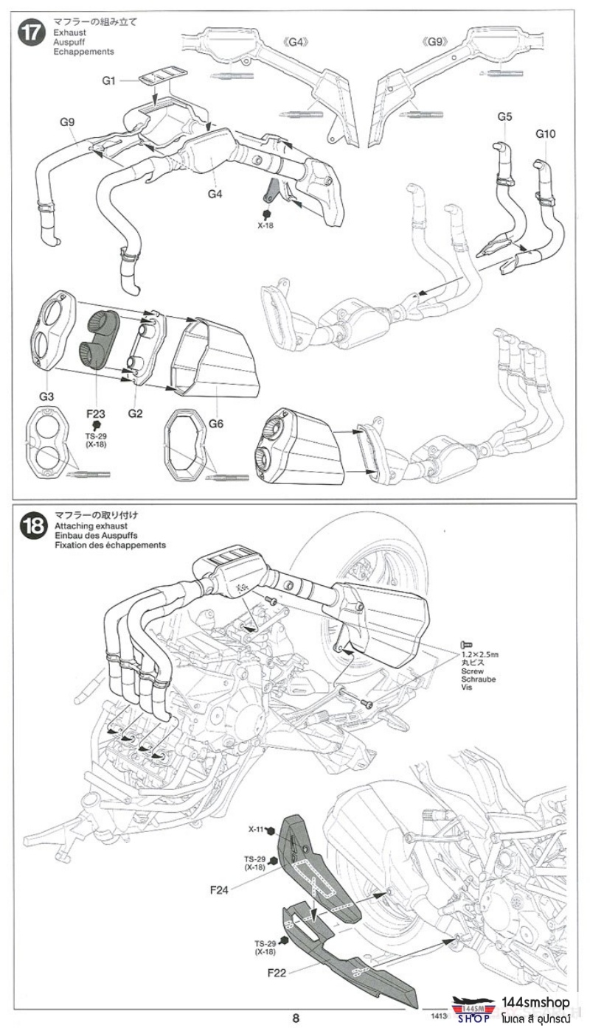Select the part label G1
[109, 80]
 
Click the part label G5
[504, 117]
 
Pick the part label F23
[96, 414]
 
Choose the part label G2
[134, 413]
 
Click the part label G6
[215, 424]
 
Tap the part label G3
[46, 397]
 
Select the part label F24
[218, 889]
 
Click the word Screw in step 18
[471, 672]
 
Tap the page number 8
[295, 1018]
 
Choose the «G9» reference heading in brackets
[436, 42]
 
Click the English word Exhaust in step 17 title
[70, 33]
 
